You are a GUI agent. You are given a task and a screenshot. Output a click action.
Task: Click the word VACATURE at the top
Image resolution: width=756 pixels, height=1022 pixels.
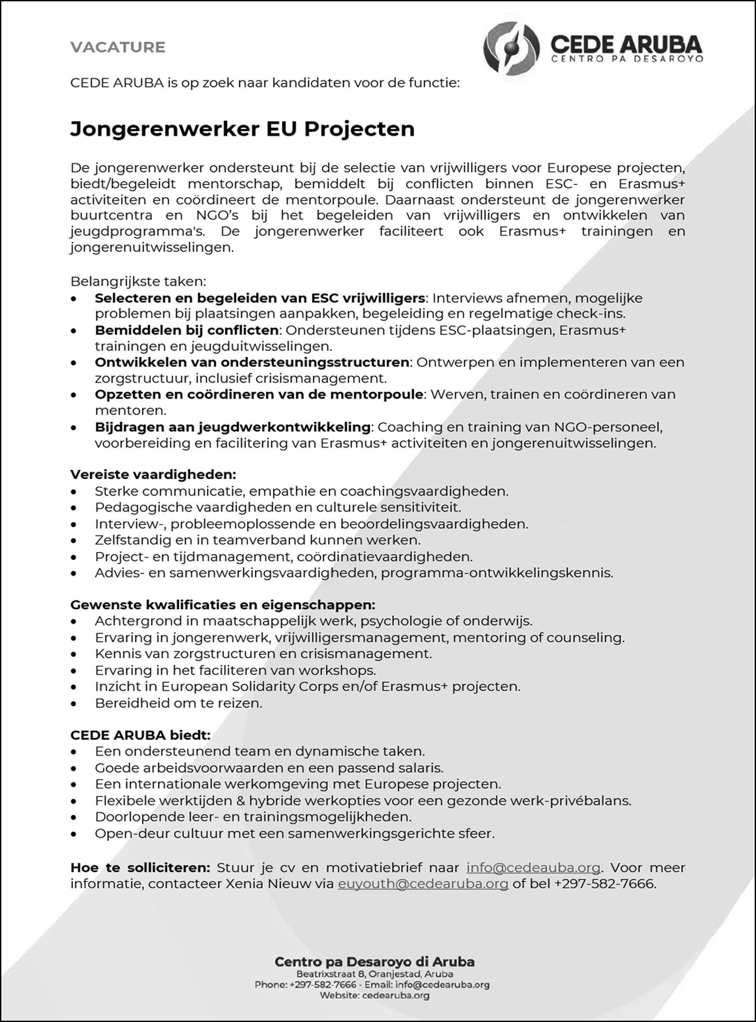pyautogui.click(x=118, y=47)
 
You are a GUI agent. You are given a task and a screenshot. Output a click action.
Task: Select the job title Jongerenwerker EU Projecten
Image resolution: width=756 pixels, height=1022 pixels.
pyautogui.click(x=242, y=129)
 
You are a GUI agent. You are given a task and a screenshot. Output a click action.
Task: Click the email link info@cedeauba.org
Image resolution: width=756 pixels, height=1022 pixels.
pyautogui.click(x=533, y=868)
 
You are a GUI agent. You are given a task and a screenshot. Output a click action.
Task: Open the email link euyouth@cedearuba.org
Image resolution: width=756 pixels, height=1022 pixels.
pyautogui.click(x=423, y=884)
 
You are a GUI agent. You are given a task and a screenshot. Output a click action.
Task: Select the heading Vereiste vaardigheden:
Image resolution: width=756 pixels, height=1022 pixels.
pyautogui.click(x=153, y=474)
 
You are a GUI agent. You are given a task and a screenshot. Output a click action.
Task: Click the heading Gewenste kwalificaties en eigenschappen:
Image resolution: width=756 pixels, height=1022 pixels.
pyautogui.click(x=222, y=605)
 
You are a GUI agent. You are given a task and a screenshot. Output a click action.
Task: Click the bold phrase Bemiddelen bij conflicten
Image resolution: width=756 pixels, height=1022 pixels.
pyautogui.click(x=187, y=330)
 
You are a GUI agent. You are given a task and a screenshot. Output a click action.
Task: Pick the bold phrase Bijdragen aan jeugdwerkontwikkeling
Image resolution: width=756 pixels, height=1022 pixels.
pyautogui.click(x=233, y=427)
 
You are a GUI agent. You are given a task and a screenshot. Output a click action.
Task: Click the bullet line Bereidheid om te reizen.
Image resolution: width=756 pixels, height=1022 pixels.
pyautogui.click(x=179, y=703)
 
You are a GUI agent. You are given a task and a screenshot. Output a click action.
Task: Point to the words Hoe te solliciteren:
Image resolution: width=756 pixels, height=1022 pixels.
pyautogui.click(x=140, y=868)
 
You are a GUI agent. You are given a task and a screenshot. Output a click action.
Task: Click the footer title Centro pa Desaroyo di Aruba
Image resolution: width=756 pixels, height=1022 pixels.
pyautogui.click(x=375, y=961)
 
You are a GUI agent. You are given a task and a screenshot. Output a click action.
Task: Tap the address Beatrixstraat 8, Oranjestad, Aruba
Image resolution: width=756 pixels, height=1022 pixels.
pyautogui.click(x=375, y=974)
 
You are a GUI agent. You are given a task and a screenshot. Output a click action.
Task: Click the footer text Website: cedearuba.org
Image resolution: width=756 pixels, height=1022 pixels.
pyautogui.click(x=375, y=996)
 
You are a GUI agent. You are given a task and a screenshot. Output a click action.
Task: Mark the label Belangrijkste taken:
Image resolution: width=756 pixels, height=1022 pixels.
pyautogui.click(x=138, y=281)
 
